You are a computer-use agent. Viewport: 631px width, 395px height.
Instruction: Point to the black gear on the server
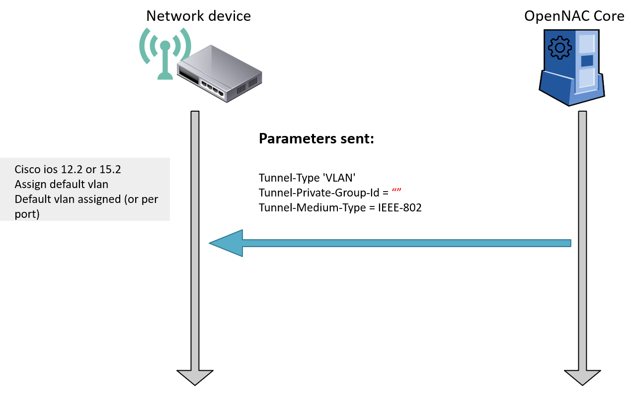pyautogui.click(x=559, y=48)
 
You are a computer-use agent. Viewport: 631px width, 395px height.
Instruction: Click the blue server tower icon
pyautogui.click(x=572, y=67)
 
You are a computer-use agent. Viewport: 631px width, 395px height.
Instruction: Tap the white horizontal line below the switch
pyautogui.click(x=316, y=146)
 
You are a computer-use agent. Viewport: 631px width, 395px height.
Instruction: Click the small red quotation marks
pyautogui.click(x=396, y=190)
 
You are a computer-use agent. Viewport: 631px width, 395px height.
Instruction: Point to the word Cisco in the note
pyautogui.click(x=27, y=170)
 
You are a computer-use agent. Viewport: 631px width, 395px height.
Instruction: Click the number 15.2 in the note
pyautogui.click(x=110, y=170)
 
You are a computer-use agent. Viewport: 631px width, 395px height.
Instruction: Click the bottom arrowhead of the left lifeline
pyautogui.click(x=195, y=377)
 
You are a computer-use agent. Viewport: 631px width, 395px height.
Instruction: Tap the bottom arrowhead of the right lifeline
pyautogui.click(x=582, y=377)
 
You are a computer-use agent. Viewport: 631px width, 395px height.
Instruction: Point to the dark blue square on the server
pyautogui.click(x=587, y=61)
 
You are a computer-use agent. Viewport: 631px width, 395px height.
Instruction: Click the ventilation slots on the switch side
pyautogui.click(x=247, y=87)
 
